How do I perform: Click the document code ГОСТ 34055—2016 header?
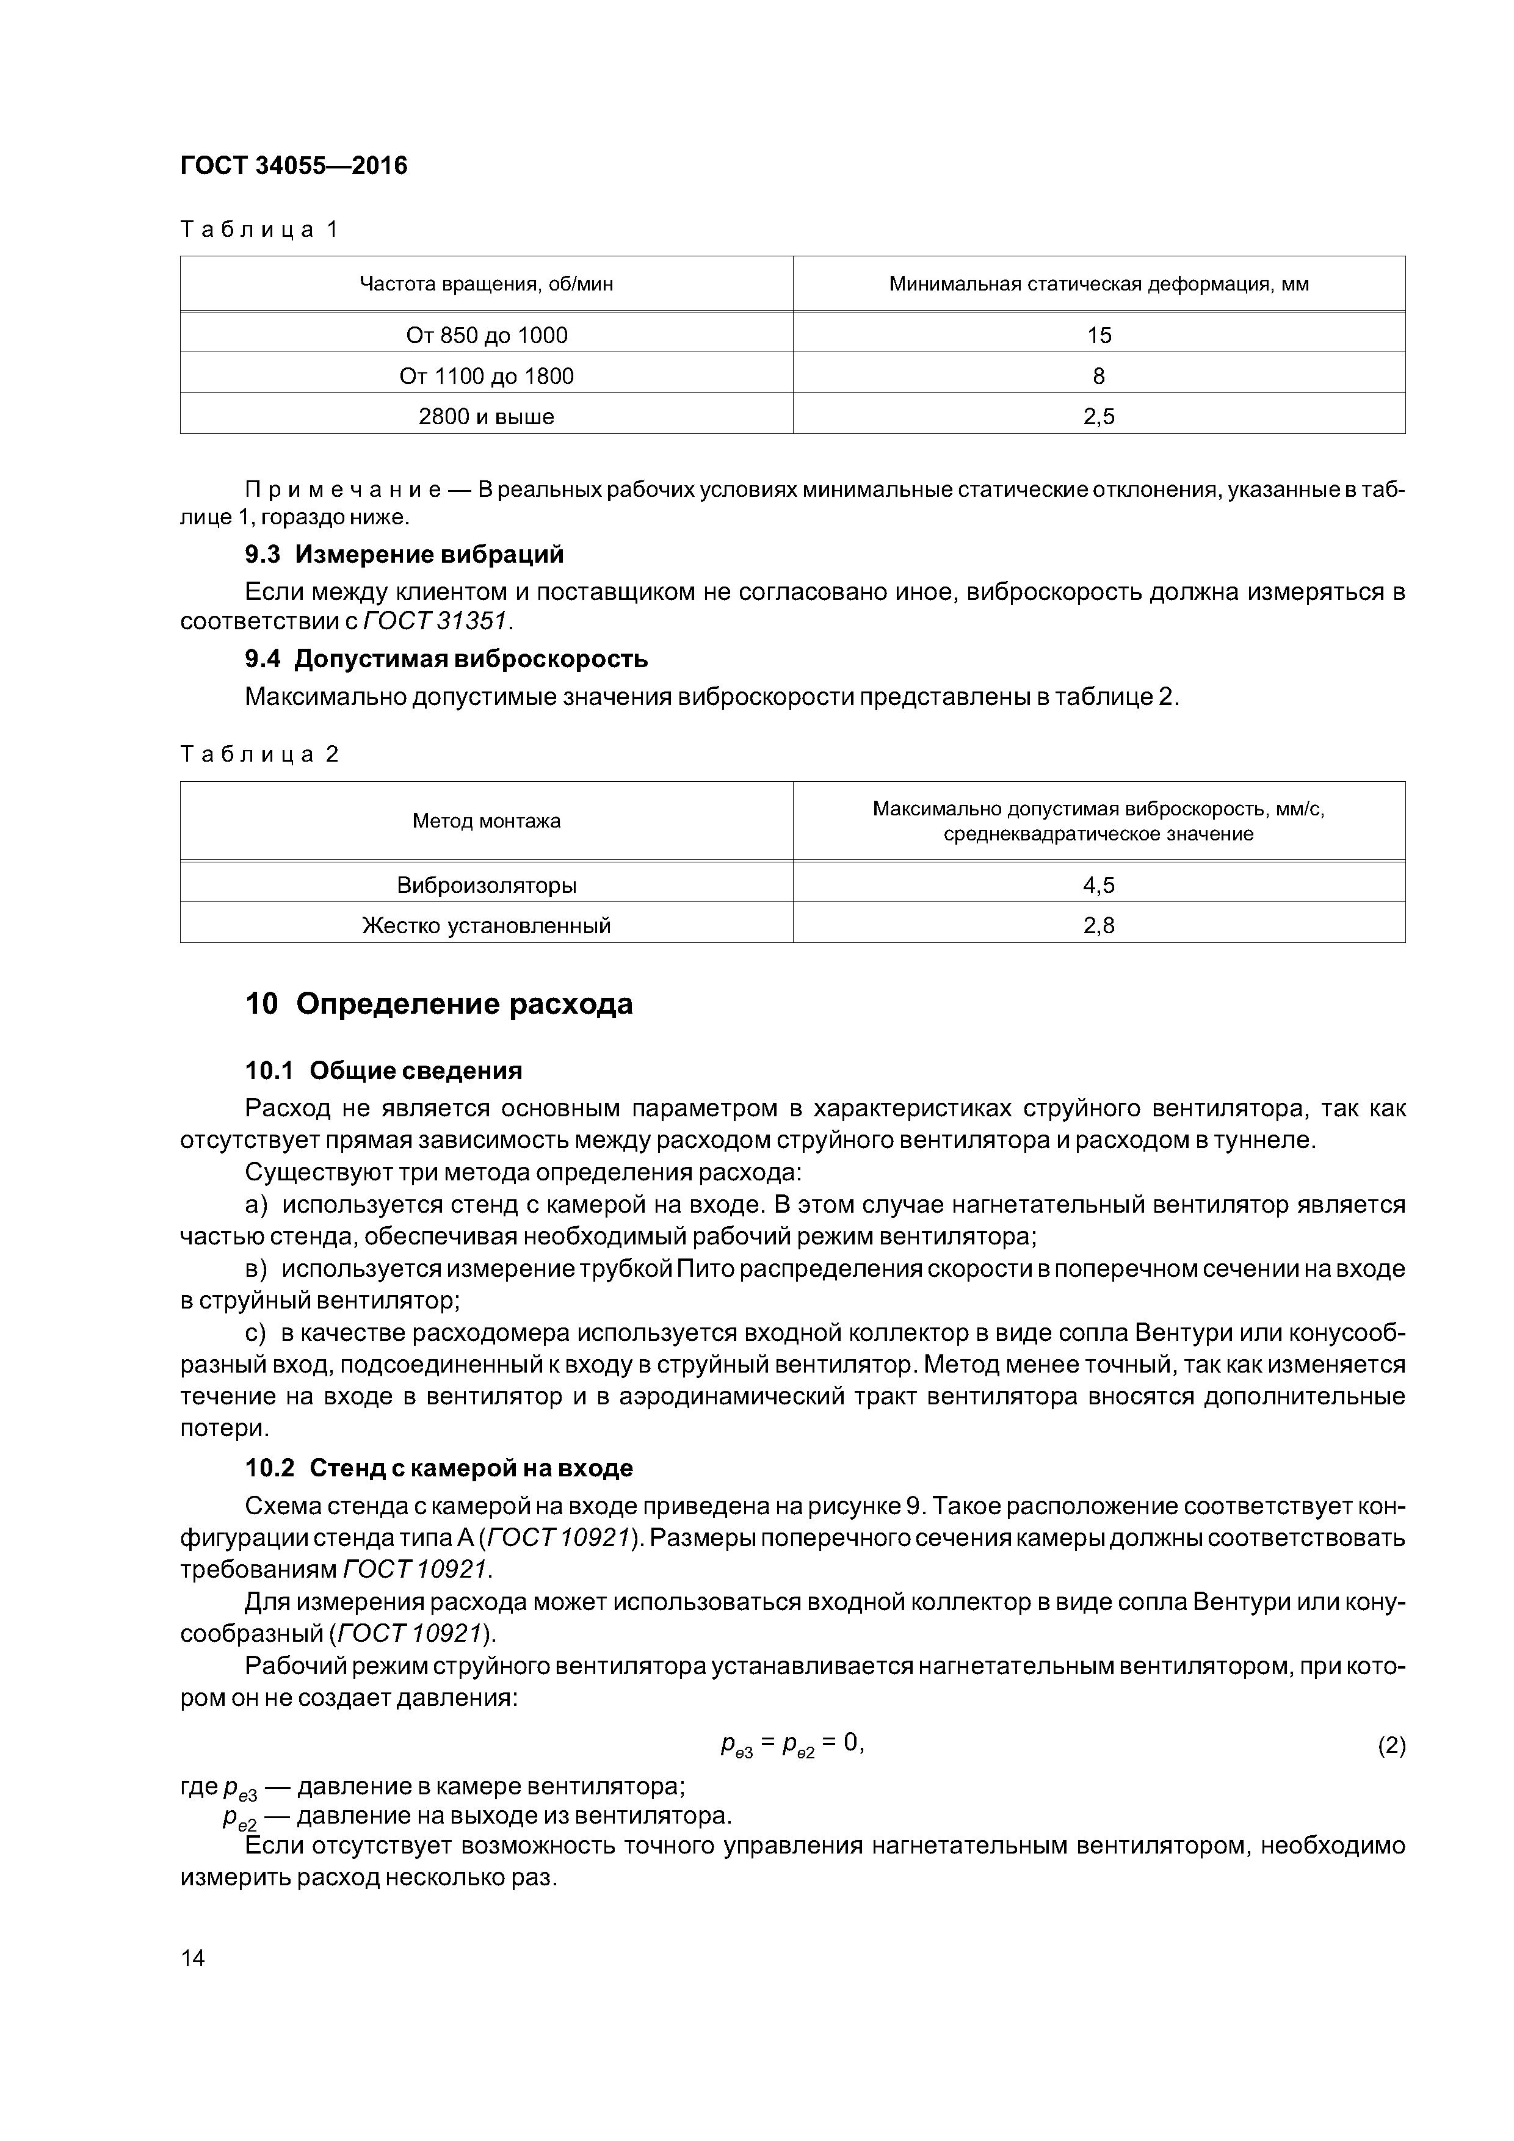coord(294,166)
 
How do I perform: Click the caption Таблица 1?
coord(259,229)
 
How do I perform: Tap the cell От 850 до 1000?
coord(486,335)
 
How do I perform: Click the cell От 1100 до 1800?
coord(486,376)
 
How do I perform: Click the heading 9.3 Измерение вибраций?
coord(404,555)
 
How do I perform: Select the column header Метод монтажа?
coord(486,821)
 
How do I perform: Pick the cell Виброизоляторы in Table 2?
coord(486,885)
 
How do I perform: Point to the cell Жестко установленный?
coord(486,926)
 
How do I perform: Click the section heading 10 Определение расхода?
coord(438,1005)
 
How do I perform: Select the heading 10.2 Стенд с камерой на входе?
coord(438,1468)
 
